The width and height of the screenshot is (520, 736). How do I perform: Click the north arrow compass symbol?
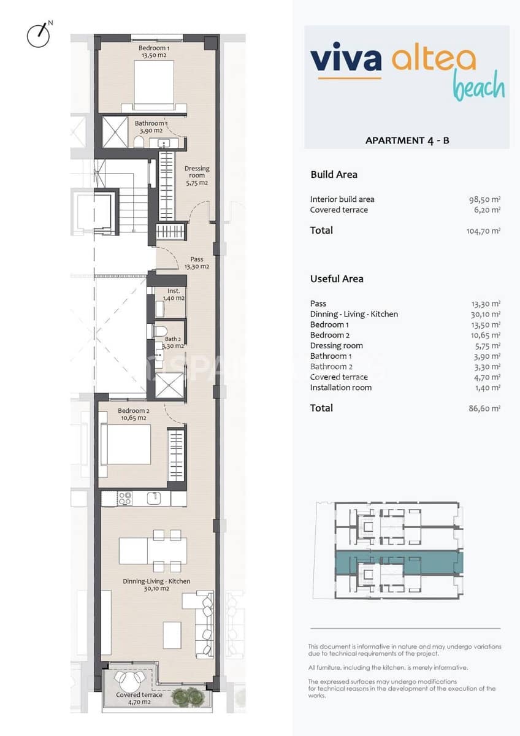click(39, 35)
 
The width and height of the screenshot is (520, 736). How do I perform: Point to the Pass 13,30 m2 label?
click(197, 263)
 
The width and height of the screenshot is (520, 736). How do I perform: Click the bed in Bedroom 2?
click(128, 445)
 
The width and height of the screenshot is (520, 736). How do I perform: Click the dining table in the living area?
click(153, 551)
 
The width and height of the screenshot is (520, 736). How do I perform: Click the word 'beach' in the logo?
click(479, 86)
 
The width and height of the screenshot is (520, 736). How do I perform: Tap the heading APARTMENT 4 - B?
click(407, 140)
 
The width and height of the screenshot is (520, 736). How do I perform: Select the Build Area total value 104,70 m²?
click(483, 231)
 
